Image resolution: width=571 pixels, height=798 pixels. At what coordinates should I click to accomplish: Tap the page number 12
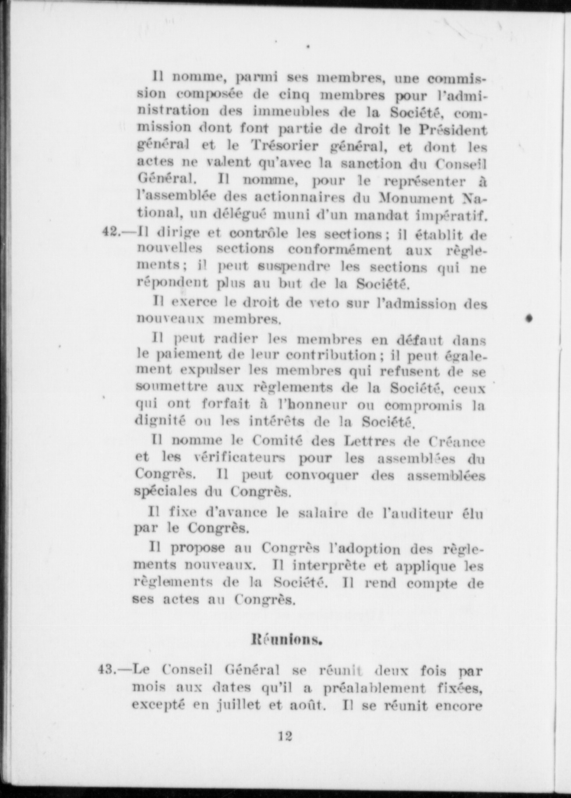[x=285, y=736]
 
